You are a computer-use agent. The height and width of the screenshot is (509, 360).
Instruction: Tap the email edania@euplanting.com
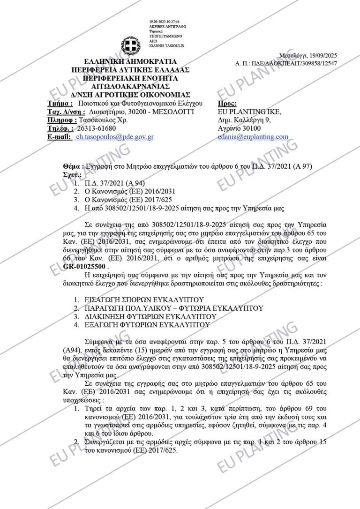pyautogui.click(x=253, y=137)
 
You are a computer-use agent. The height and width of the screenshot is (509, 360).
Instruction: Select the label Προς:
pyautogui.click(x=228, y=103)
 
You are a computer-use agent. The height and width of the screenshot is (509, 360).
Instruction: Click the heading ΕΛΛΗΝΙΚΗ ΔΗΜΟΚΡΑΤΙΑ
pyautogui.click(x=123, y=62)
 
